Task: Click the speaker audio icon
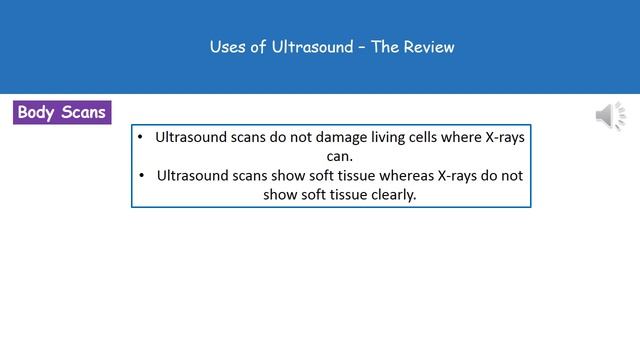pos(609,116)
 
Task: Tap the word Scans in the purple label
pos(84,112)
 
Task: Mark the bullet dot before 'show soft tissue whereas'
pos(140,175)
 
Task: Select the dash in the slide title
pos(362,47)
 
